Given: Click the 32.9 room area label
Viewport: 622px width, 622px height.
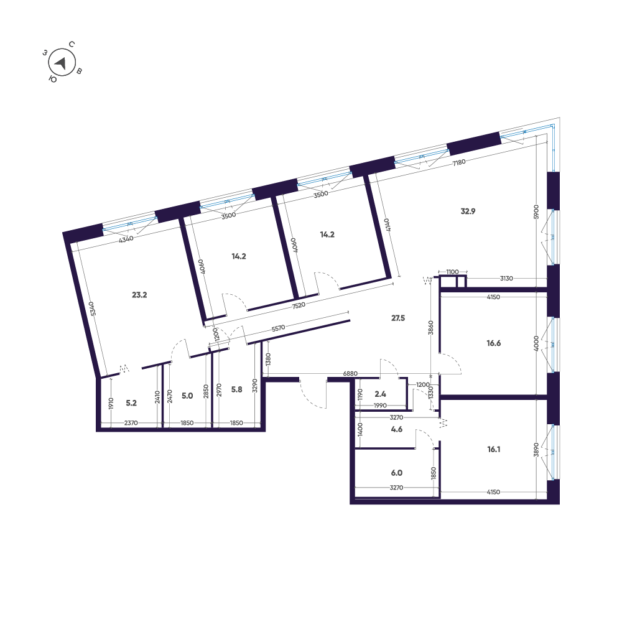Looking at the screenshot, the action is pos(468,211).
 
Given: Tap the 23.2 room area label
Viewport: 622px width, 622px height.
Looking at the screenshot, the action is pos(139,295).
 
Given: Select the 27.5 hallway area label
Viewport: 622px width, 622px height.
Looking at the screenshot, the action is pos(398,318).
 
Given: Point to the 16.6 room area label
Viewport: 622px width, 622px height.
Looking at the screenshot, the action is pos(493,343).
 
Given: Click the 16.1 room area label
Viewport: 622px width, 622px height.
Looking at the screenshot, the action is pos(493,450).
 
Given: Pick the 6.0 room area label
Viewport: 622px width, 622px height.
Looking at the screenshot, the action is pos(397,473).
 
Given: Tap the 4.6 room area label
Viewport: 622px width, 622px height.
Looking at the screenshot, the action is pos(397,429).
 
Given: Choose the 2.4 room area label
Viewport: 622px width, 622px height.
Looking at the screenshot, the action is pos(381,394).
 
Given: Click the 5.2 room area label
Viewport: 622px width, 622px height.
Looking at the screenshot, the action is pos(131,403).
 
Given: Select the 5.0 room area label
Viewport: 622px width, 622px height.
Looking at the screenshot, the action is pos(187,396).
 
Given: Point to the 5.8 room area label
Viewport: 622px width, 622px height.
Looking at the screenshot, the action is pos(237,389).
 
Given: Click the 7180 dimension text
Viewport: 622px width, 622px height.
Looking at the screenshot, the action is pos(459,162).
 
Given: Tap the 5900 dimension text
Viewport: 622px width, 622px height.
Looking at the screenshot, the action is pos(536,212).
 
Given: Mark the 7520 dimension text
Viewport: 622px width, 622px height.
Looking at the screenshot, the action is pos(299,305).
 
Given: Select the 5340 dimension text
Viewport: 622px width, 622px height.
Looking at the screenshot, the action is pos(92,309).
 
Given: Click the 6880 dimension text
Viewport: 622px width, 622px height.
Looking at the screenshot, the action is pos(350,374).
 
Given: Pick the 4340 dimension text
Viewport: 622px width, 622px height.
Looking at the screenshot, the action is pos(126,239).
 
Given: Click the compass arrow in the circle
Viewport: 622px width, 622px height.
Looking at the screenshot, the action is pos(61,63).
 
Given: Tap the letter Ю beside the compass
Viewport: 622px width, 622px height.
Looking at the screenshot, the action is pos(53,80).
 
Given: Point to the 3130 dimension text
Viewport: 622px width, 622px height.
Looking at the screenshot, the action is pos(506,279).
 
